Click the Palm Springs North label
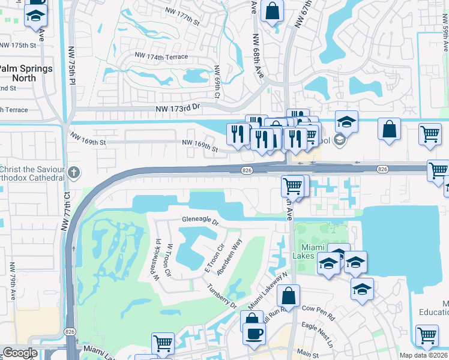[27, 73]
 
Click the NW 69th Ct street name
[217, 82]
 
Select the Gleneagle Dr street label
[200, 220]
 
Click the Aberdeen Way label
[230, 256]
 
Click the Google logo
[20, 353]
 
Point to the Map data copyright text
[424, 355]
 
